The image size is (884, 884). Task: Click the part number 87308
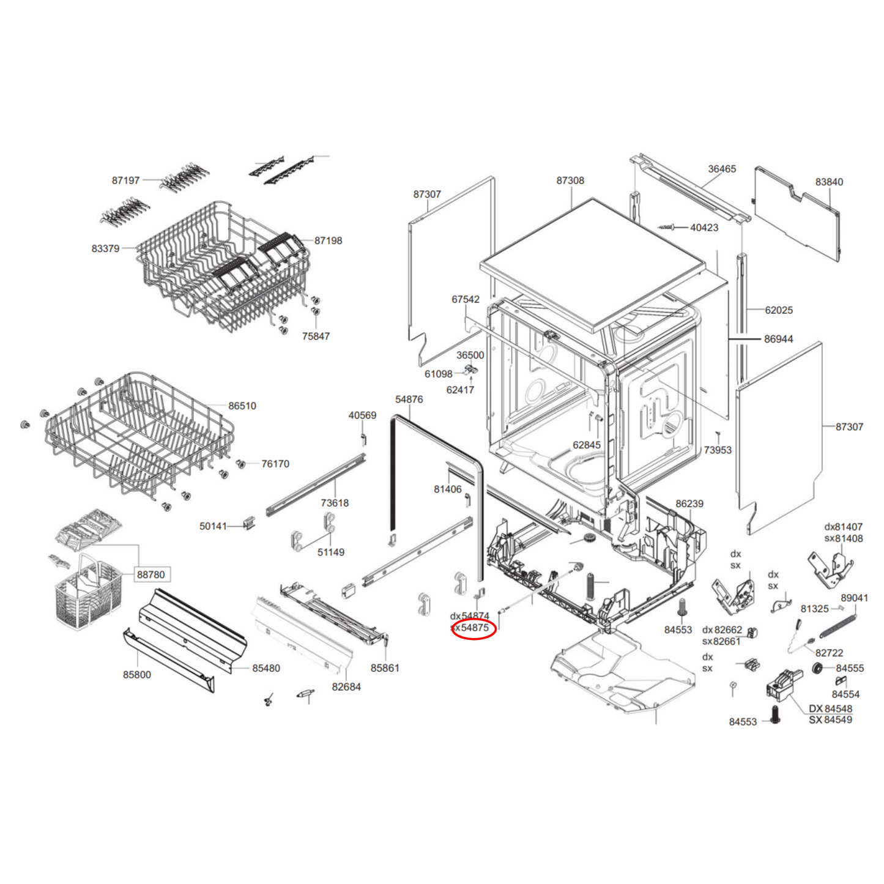(570, 180)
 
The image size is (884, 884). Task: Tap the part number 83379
(105, 248)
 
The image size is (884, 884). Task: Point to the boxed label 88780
(150, 574)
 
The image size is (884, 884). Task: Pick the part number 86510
(242, 406)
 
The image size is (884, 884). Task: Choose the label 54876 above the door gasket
(409, 399)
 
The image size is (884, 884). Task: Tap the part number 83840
(829, 182)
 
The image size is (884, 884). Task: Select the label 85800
(136, 675)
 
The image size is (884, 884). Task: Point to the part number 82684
(346, 687)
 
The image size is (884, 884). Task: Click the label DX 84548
(830, 708)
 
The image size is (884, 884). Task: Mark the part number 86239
(689, 503)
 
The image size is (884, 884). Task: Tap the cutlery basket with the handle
(83, 593)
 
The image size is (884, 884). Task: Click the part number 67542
(466, 299)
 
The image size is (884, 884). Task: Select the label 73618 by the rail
(335, 503)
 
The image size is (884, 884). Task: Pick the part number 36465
(722, 169)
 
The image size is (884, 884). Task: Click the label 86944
(778, 339)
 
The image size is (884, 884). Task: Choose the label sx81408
(843, 538)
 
